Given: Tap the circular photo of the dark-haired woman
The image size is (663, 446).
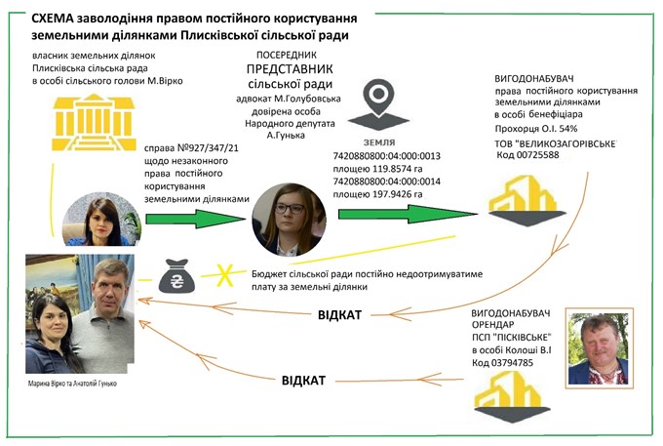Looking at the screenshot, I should click(101, 220).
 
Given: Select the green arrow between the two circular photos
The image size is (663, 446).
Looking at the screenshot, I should click(195, 219).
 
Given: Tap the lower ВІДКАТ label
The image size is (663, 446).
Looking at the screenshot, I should click(303, 380).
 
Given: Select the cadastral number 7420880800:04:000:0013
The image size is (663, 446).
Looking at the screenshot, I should click(388, 155).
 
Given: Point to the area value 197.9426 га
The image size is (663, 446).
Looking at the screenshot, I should click(402, 193).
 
